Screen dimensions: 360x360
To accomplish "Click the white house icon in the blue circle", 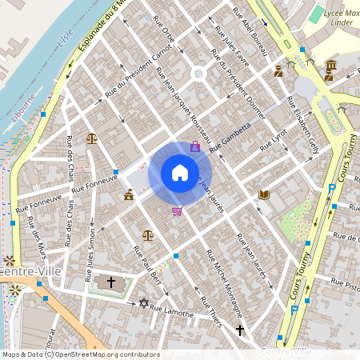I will pyautogui.click(x=179, y=173).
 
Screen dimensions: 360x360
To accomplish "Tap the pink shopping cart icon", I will pyautogui.click(x=176, y=211).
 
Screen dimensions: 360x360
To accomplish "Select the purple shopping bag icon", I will pyautogui.click(x=194, y=146).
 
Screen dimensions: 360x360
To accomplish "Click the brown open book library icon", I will pyautogui.click(x=264, y=194).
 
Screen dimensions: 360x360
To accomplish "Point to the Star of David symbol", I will pyautogui.click(x=144, y=303).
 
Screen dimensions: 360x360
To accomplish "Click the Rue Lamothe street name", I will pyautogui.click(x=172, y=311).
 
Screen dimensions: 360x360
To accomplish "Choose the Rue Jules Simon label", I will pyautogui.click(x=91, y=256).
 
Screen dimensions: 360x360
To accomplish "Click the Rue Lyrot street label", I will pyautogui.click(x=274, y=141).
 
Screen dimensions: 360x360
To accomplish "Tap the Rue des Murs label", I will pyautogui.click(x=34, y=231).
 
